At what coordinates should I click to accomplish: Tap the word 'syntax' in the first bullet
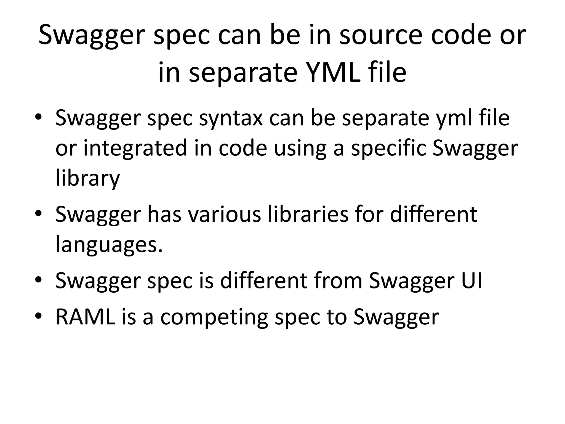point(231,118)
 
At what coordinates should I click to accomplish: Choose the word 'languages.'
point(109,245)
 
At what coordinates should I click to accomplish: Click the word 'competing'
point(214,317)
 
